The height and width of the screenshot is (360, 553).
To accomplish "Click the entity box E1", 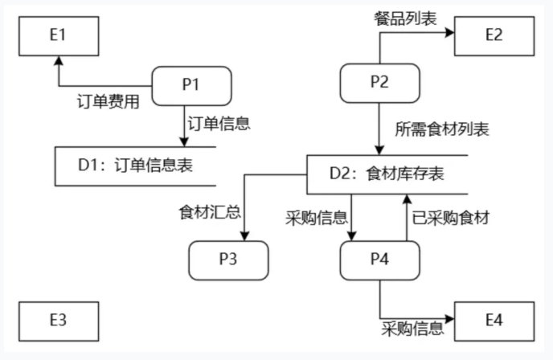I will click(x=57, y=35).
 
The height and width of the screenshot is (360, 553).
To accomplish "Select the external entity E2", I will click(x=494, y=35).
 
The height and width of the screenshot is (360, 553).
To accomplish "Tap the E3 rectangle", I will click(x=57, y=320).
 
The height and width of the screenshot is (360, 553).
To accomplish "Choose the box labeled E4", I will click(x=494, y=320).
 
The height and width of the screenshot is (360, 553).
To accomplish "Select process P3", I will click(x=228, y=260).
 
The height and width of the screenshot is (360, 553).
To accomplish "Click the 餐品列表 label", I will click(x=406, y=18).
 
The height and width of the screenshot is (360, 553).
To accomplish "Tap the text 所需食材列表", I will click(x=442, y=129).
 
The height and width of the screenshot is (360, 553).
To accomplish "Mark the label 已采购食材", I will click(x=451, y=217).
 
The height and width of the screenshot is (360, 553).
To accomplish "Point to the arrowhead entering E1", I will click(x=57, y=60).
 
